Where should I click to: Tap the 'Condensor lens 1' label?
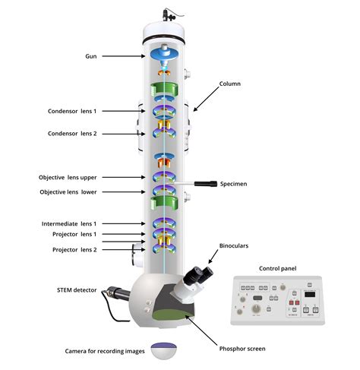tap(68, 111)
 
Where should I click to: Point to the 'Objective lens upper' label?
tap(68, 177)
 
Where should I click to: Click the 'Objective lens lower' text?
tap(68, 192)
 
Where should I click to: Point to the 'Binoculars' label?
tap(235, 245)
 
